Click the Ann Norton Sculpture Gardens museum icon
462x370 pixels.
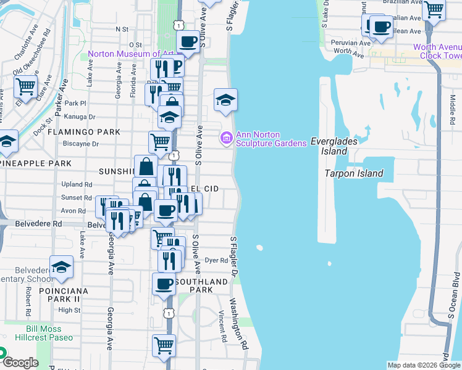click(226, 137)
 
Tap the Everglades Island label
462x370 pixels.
click(334, 146)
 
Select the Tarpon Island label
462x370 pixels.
click(354, 173)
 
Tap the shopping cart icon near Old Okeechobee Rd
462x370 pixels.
click(25, 86)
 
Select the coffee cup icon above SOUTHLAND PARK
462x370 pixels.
click(164, 284)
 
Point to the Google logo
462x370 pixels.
click(20, 363)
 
